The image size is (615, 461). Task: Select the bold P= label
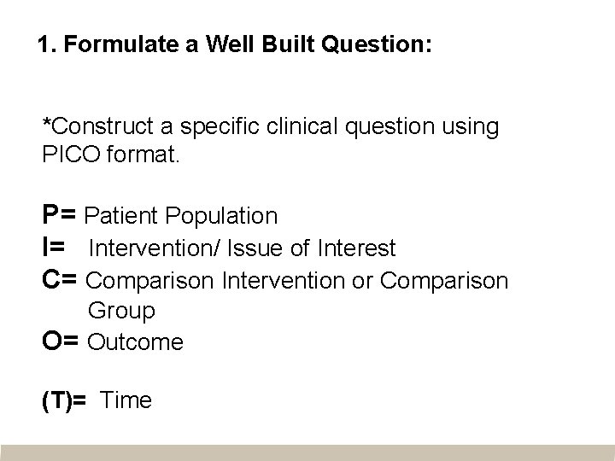tap(61, 215)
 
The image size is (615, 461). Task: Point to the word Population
tap(227, 216)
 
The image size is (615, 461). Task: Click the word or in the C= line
tap(363, 280)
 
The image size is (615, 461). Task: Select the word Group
tap(121, 312)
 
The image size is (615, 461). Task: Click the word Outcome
tap(136, 342)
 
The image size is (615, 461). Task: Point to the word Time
tap(126, 400)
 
